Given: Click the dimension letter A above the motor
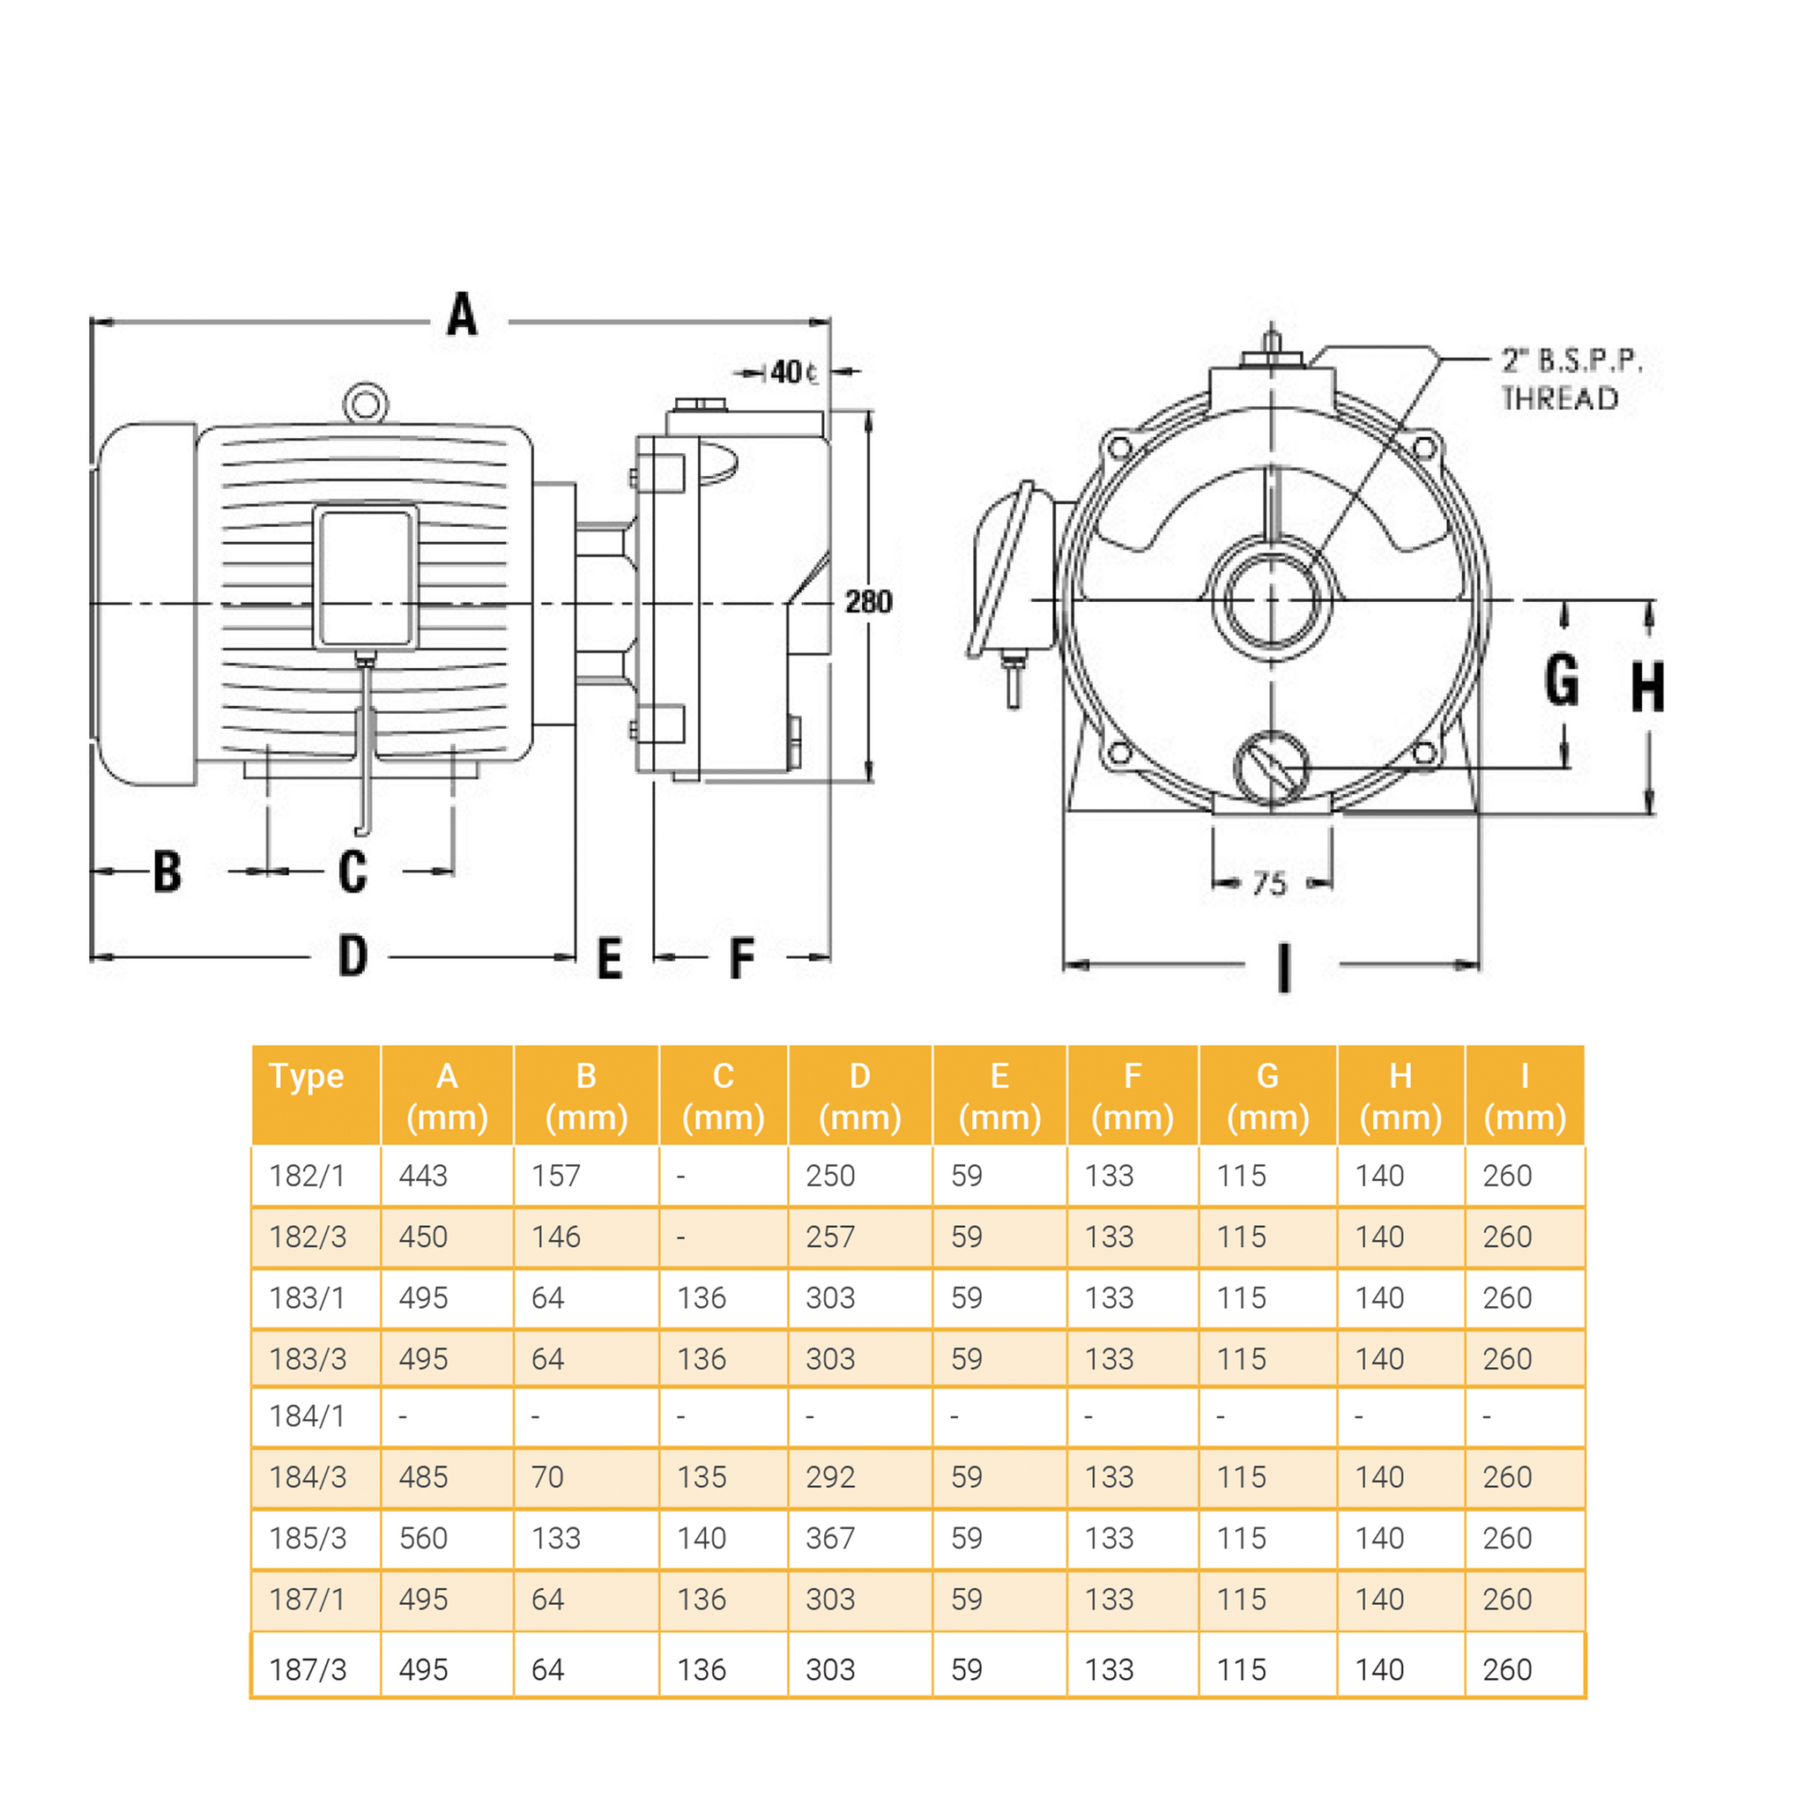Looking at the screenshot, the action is click(462, 315).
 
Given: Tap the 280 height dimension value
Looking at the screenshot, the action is click(868, 602).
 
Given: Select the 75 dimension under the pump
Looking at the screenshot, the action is click(1270, 883).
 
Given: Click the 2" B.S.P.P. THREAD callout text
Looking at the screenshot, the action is click(1570, 380).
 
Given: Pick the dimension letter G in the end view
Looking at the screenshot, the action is click(1561, 680).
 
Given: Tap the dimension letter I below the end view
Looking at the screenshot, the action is click(1285, 967).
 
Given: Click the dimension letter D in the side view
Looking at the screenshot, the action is click(353, 955).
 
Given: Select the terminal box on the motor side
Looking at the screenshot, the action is click(365, 577).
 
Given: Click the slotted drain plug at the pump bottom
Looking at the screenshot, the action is click(1271, 768).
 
